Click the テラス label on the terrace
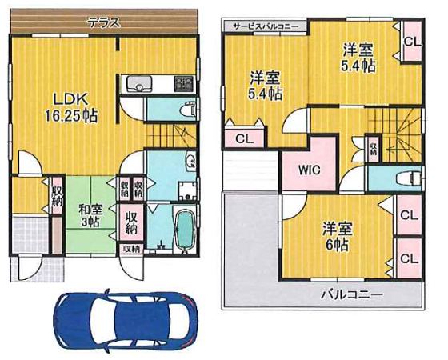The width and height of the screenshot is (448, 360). pos(104,23)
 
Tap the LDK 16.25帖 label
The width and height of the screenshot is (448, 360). pos(71,107)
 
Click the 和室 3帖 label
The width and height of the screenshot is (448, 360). pos(90,215)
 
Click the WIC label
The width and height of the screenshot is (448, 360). pos(309,170)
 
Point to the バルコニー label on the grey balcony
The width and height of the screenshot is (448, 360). pos(351,294)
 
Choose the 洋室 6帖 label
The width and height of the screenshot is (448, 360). pos(337,237)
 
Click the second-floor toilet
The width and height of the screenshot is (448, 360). pos(408,178)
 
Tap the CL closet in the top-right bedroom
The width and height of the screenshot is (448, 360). pos(412,42)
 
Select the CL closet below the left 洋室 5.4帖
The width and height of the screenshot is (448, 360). pos(245,139)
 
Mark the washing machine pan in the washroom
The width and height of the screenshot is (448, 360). pos(187,191)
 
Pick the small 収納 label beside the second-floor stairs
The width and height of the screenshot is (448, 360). pos(374,148)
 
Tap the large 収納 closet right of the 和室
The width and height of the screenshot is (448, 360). pos(131,222)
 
